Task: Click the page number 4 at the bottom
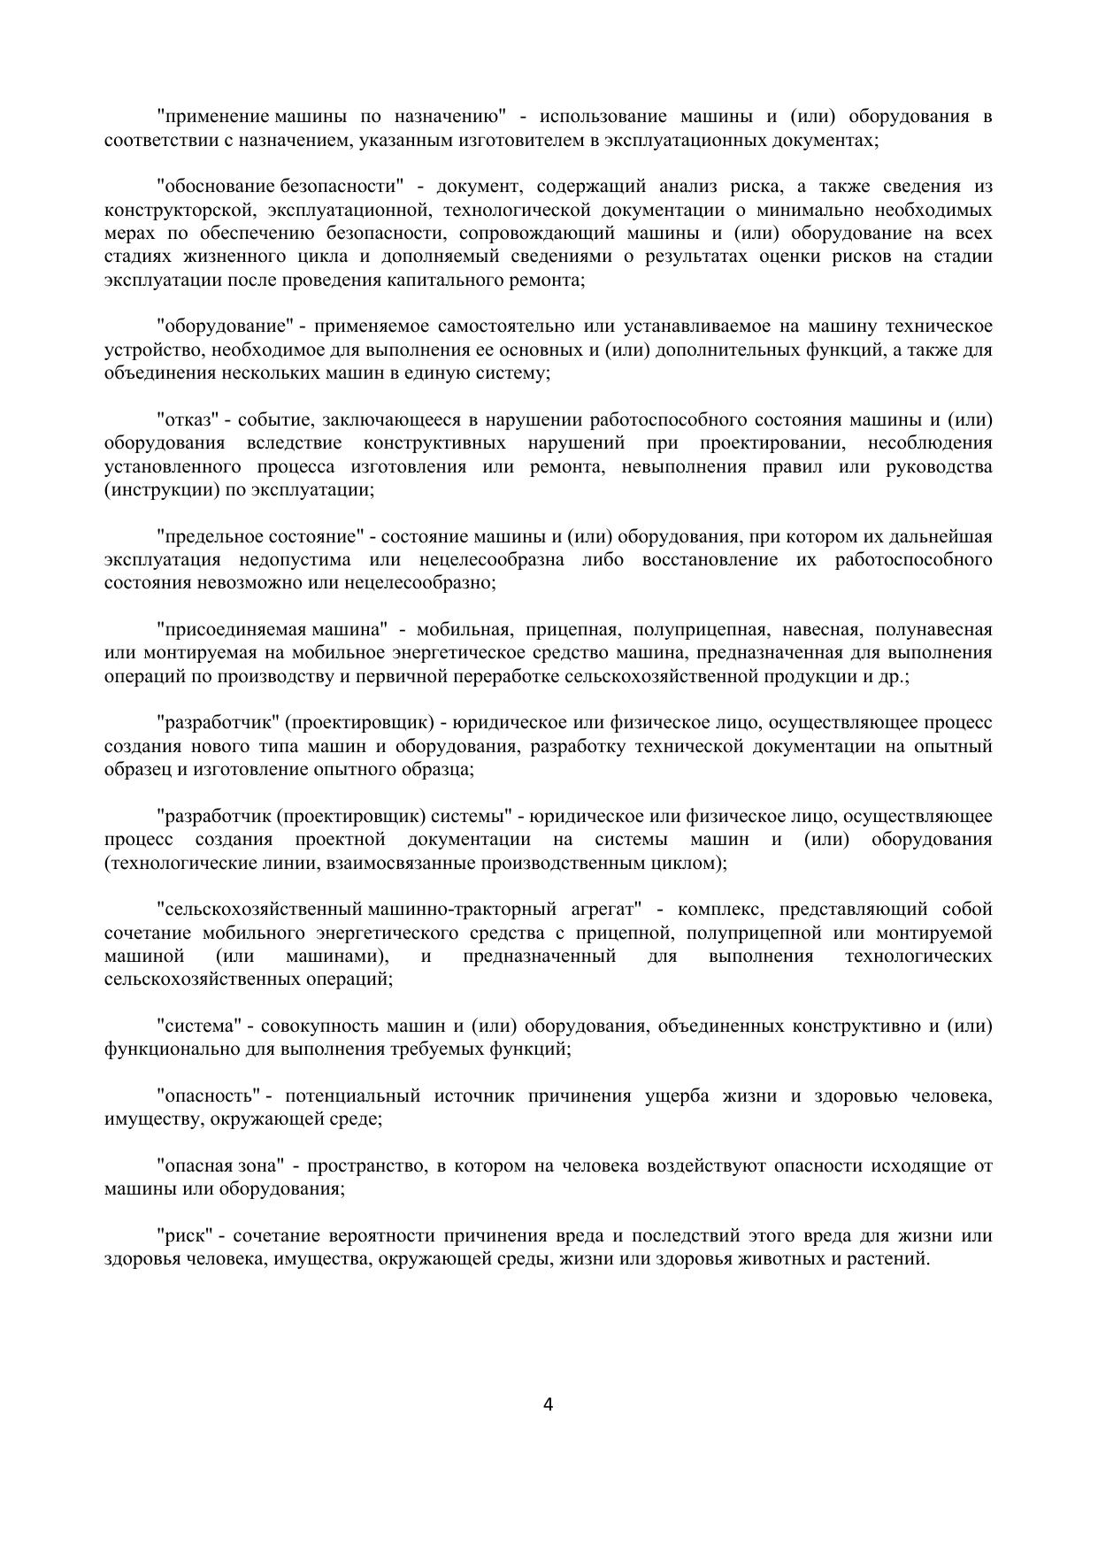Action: pos(548,1404)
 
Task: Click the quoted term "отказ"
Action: pos(188,419)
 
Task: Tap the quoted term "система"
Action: pos(200,1026)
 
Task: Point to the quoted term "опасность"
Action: pos(209,1096)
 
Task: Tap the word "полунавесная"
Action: pos(933,629)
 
